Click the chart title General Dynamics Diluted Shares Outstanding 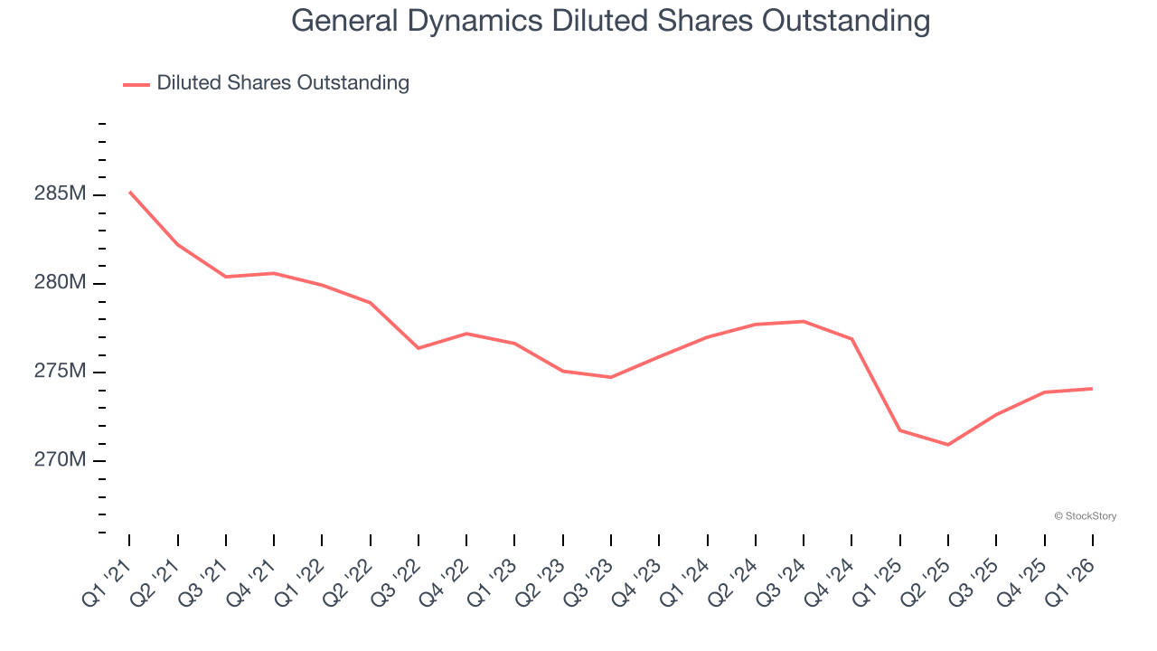tap(610, 21)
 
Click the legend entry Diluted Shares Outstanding tap(283, 83)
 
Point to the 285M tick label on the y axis tap(61, 194)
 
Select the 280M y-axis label tap(61, 283)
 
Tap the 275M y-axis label tap(61, 372)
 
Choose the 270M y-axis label tap(61, 460)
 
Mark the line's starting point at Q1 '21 tap(129, 192)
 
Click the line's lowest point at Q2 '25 tap(948, 445)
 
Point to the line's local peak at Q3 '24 tap(804, 321)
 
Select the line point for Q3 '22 tap(419, 348)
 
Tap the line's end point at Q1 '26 tap(1093, 389)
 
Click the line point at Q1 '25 tap(900, 430)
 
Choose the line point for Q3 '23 tap(611, 377)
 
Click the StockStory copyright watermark tap(1085, 516)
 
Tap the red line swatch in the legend tap(136, 84)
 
